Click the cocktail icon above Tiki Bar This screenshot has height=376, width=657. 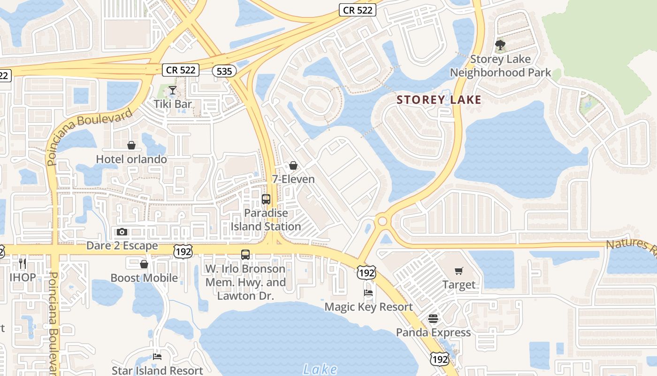(173, 90)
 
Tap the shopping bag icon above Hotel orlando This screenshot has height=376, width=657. (131, 146)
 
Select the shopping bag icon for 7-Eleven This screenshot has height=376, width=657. (293, 165)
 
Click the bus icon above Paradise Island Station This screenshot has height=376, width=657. (266, 199)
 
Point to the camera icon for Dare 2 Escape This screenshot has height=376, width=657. (122, 232)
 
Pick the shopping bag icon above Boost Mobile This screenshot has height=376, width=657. (144, 264)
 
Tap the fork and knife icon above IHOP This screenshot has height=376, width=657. (22, 263)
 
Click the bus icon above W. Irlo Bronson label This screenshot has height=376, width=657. (245, 255)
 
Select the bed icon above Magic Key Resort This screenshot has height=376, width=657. (369, 293)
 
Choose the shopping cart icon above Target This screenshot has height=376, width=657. (458, 271)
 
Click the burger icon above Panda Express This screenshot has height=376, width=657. (433, 319)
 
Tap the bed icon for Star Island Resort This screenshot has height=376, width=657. (157, 357)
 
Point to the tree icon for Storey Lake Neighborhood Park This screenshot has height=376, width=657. (500, 46)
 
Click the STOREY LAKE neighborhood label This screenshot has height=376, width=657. (439, 100)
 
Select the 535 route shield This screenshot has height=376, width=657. (224, 71)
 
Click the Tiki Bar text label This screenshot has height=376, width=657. (173, 104)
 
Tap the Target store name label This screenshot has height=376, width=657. (459, 285)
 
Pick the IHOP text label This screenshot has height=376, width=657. (23, 277)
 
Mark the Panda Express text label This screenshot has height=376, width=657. (433, 333)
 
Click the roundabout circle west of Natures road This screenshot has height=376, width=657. (382, 221)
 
